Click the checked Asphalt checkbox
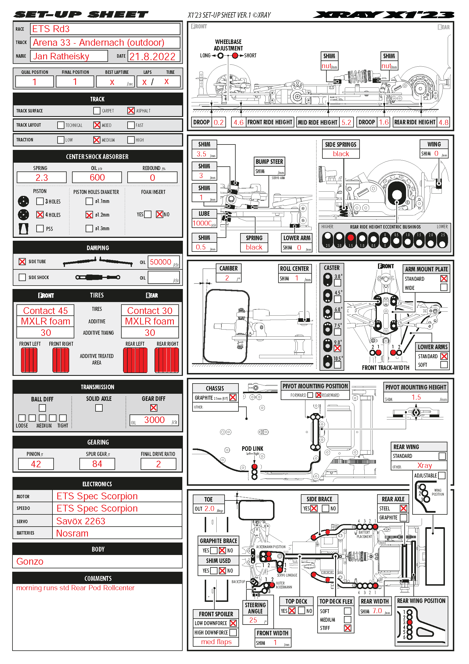(131, 111)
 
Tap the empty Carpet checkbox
(97, 111)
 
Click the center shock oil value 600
(97, 177)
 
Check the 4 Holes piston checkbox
(40, 215)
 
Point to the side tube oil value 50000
(160, 262)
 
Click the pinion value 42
(36, 464)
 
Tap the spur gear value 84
(97, 464)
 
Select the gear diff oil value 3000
(154, 420)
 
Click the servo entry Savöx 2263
(81, 521)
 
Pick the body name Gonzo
(30, 562)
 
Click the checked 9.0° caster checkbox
(337, 349)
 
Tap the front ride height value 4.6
(238, 122)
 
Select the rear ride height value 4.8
(443, 122)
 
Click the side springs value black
(341, 154)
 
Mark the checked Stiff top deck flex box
(348, 628)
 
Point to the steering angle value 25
(253, 620)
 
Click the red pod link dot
(254, 466)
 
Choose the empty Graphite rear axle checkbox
(403, 518)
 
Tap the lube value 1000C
(202, 223)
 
